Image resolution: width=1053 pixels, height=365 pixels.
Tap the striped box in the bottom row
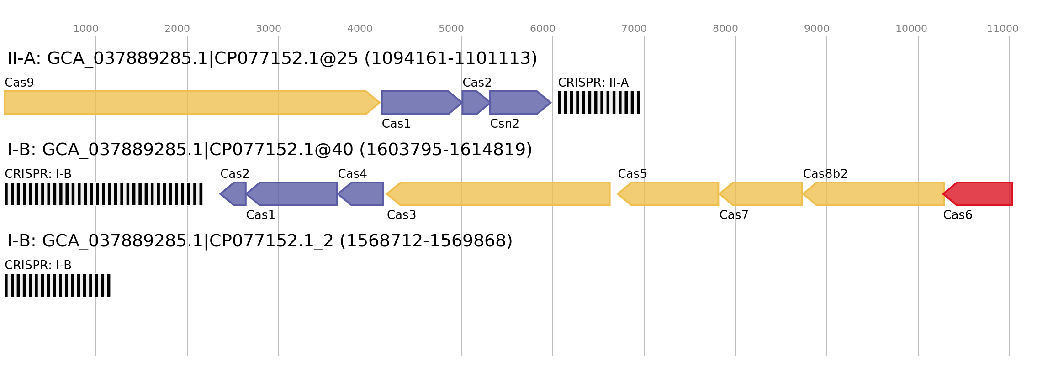[x=58, y=285]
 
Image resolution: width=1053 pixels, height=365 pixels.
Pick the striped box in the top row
[x=599, y=103]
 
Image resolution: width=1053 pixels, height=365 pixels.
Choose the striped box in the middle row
[x=104, y=194]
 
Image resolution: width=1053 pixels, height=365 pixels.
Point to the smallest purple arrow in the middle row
[x=233, y=194]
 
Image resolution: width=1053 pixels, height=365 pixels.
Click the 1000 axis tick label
[x=86, y=29]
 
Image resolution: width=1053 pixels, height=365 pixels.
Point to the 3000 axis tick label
[x=269, y=29]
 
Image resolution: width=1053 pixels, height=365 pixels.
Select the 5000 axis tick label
[x=451, y=29]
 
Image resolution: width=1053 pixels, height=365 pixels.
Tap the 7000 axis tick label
[x=634, y=29]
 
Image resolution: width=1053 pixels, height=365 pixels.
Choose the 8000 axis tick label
[x=725, y=29]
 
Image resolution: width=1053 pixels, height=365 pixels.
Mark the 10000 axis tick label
[x=911, y=29]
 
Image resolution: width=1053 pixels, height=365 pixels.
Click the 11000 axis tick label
[x=1003, y=29]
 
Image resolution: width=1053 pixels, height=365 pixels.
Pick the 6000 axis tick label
[x=543, y=29]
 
